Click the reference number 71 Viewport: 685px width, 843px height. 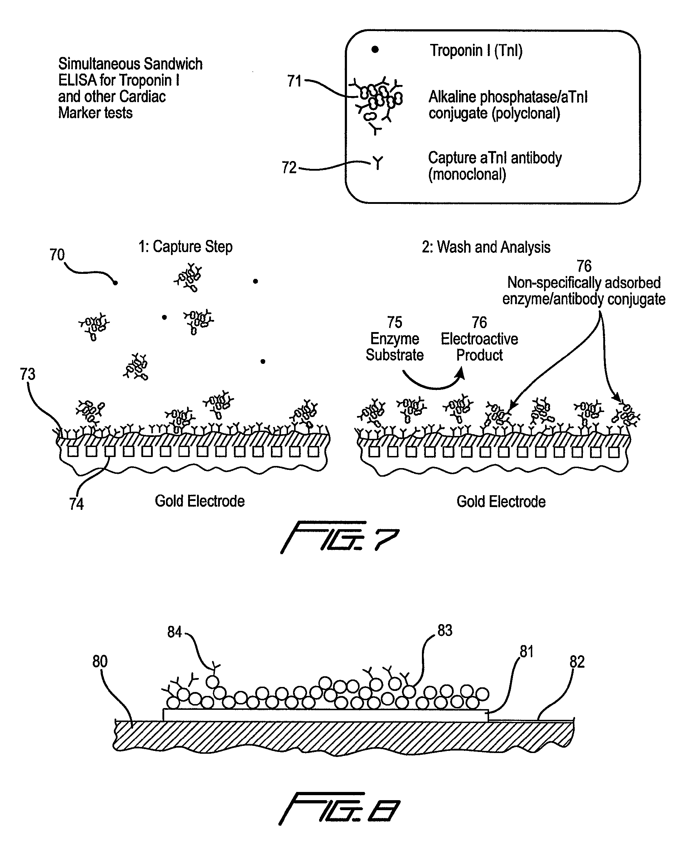click(294, 81)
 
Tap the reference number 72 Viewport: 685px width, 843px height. click(289, 167)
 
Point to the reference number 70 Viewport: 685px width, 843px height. click(57, 255)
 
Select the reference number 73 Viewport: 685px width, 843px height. click(27, 374)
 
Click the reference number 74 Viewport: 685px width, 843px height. click(76, 504)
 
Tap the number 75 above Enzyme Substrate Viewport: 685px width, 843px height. click(394, 322)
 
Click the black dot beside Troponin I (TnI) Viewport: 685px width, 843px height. click(375, 49)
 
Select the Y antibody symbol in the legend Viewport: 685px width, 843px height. click(378, 162)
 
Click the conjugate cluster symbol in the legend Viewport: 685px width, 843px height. click(377, 104)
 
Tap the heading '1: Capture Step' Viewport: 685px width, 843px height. click(186, 247)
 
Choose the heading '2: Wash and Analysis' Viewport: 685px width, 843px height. click(486, 247)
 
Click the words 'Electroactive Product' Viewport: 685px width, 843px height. click(479, 347)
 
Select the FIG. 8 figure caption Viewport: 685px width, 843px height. click(339, 808)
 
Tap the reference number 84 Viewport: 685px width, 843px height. click(175, 632)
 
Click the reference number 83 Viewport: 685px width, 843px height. click(445, 630)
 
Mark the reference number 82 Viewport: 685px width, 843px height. click(577, 662)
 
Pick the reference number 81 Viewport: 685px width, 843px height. click(527, 651)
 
